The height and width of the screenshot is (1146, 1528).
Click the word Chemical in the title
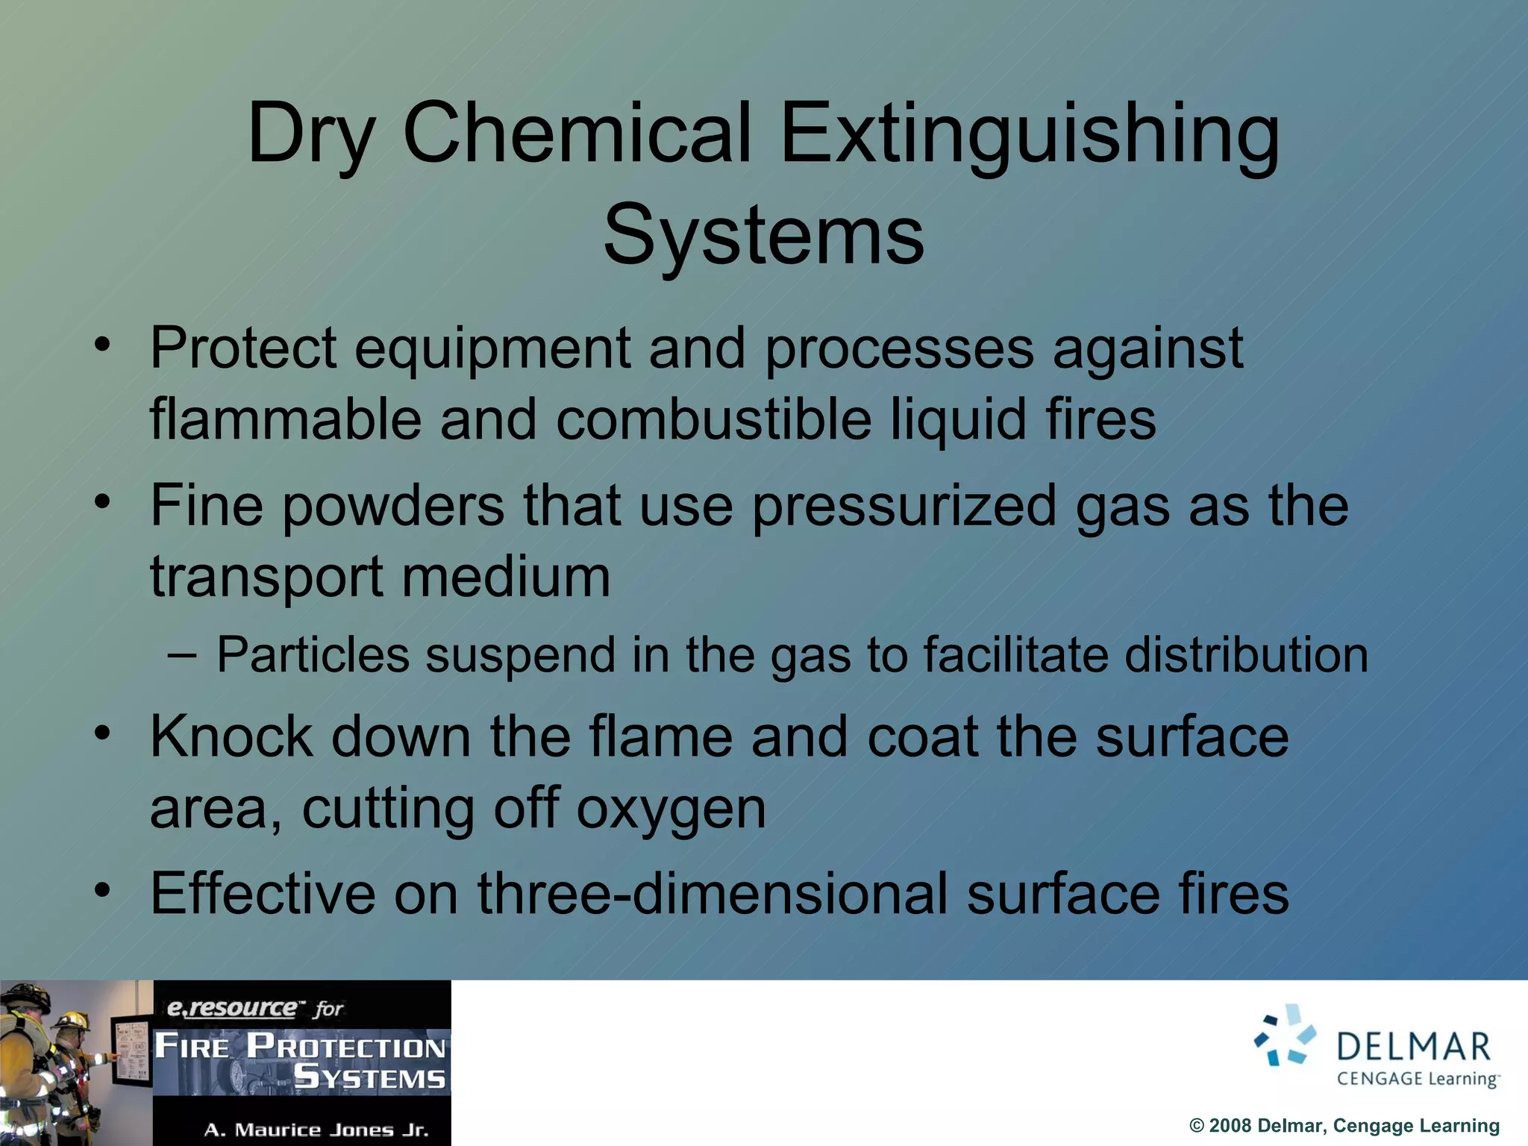click(576, 134)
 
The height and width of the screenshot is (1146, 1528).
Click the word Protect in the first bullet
click(243, 348)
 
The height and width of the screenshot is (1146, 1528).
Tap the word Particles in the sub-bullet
click(313, 656)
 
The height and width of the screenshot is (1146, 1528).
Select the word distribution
click(1246, 656)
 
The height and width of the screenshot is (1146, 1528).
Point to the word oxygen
click(671, 810)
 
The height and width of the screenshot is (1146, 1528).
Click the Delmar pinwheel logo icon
click(1285, 1034)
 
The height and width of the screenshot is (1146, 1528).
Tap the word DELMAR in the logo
click(1414, 1047)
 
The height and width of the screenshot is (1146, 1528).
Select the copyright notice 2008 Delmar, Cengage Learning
click(1344, 1126)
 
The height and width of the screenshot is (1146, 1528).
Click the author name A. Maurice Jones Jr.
click(316, 1130)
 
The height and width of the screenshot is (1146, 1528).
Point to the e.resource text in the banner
click(231, 1009)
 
